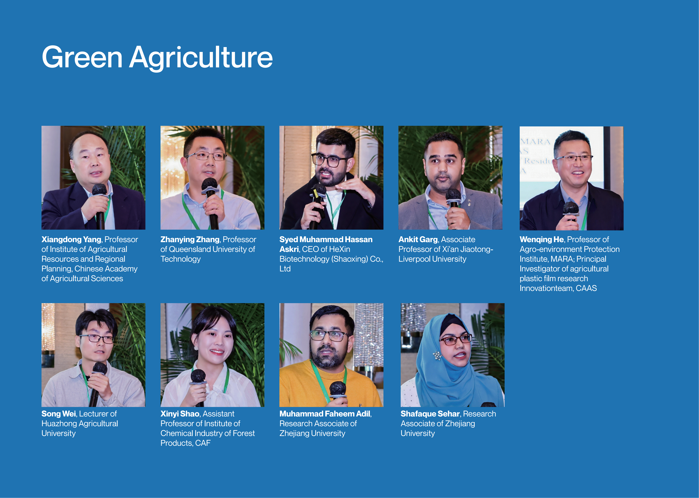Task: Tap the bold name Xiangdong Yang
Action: click(71, 240)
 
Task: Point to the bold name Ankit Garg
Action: click(418, 240)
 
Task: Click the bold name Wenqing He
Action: click(542, 240)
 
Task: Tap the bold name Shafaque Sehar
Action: click(430, 414)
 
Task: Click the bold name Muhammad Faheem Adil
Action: click(325, 414)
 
